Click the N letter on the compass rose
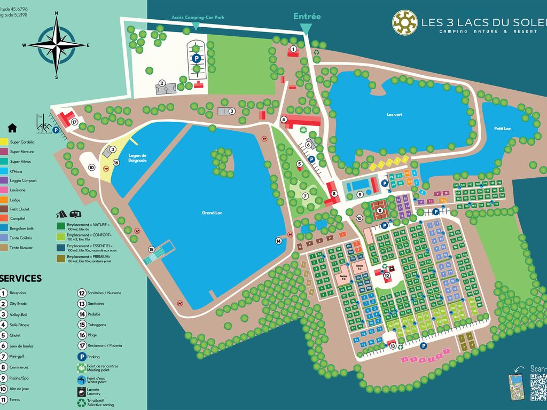(57, 14)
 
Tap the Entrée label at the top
(307, 17)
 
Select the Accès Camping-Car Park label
(198, 17)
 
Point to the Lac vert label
(393, 114)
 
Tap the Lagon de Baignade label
(137, 158)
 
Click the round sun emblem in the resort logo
(405, 22)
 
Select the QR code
(538, 385)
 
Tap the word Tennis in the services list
(16, 399)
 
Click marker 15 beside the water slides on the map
(151, 249)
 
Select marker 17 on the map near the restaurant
(75, 122)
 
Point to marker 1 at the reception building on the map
(293, 49)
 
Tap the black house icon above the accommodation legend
(12, 128)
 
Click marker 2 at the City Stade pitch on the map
(160, 83)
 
